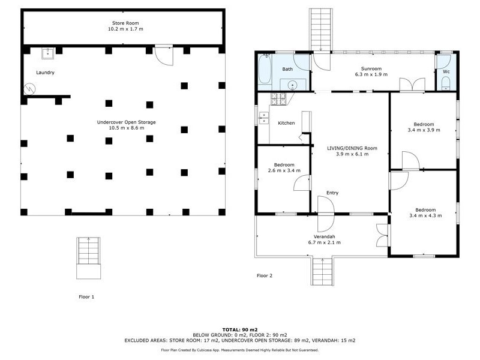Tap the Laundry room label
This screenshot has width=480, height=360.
tap(45, 73)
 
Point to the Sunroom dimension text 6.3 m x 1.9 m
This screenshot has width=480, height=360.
tap(371, 74)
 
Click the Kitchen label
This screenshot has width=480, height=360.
tap(286, 123)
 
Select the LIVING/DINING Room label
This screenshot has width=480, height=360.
tap(352, 148)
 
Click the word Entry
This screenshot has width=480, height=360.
tap(332, 193)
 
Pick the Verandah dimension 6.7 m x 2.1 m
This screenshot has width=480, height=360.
tap(324, 242)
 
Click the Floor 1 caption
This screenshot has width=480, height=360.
tap(86, 296)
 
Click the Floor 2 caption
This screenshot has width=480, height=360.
tap(265, 276)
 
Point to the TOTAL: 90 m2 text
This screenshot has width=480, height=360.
tap(240, 329)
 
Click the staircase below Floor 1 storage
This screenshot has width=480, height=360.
tap(88, 258)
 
